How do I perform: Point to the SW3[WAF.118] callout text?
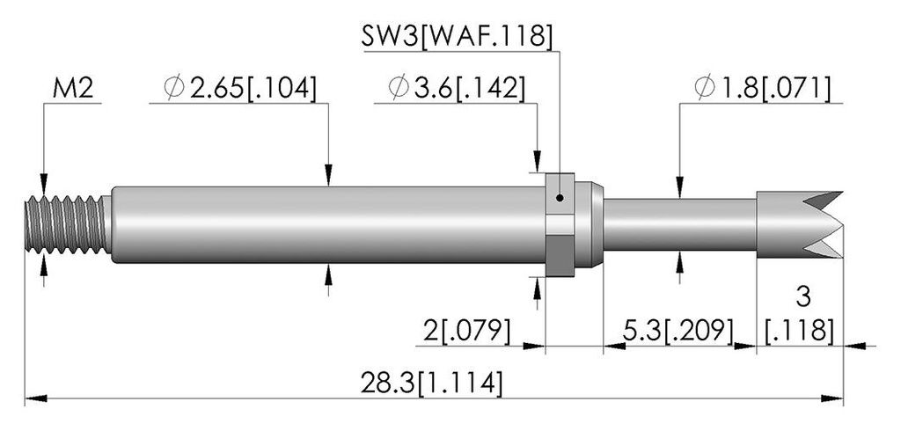457,37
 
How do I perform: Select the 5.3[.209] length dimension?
678,331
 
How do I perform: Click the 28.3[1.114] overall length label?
431,383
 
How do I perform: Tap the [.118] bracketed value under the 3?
799,331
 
